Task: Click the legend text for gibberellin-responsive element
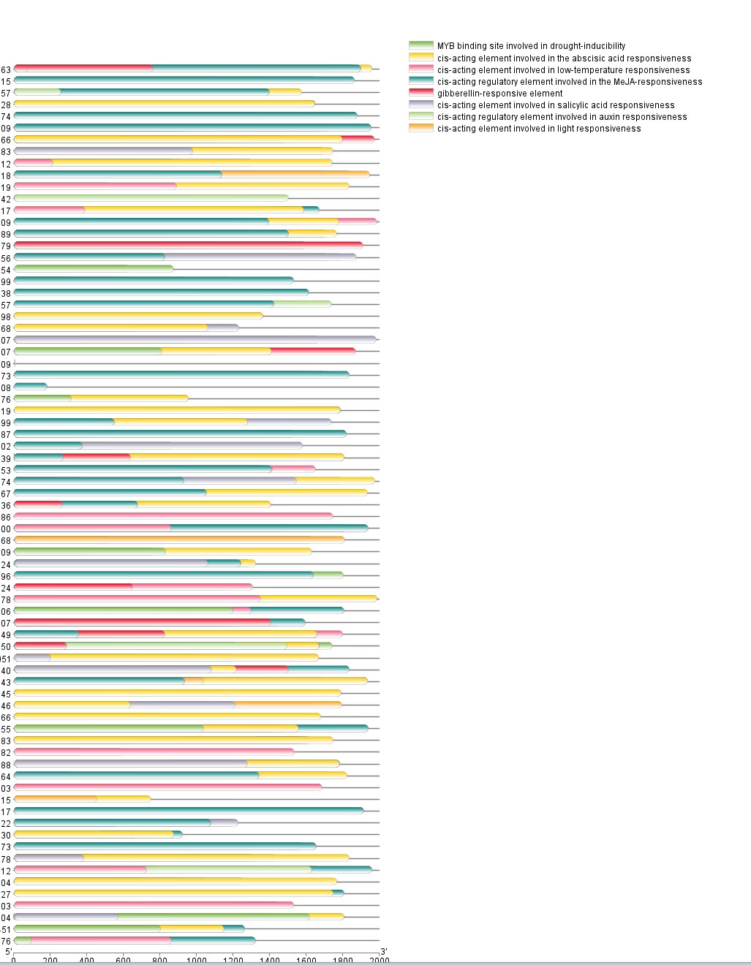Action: tap(499, 94)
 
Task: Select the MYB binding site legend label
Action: tap(531, 46)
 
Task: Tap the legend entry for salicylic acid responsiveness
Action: tap(556, 105)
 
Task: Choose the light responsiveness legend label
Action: tap(539, 129)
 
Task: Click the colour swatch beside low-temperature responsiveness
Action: tap(421, 70)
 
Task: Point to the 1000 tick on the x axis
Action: tap(196, 960)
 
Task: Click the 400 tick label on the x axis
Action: tap(86, 960)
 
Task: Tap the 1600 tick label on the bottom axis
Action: tap(306, 960)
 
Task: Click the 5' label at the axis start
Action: tap(9, 951)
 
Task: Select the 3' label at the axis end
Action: tap(383, 951)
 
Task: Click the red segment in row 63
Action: tap(83, 68)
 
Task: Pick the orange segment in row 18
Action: tap(295, 174)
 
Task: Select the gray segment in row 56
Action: tap(260, 257)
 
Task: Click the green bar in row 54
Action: tap(94, 268)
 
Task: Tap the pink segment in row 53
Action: tap(293, 469)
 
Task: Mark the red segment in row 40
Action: tap(262, 669)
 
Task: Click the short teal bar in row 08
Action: tap(30, 386)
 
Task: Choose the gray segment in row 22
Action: tap(224, 822)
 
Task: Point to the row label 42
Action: tap(6, 199)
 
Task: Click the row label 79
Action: tap(6, 246)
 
